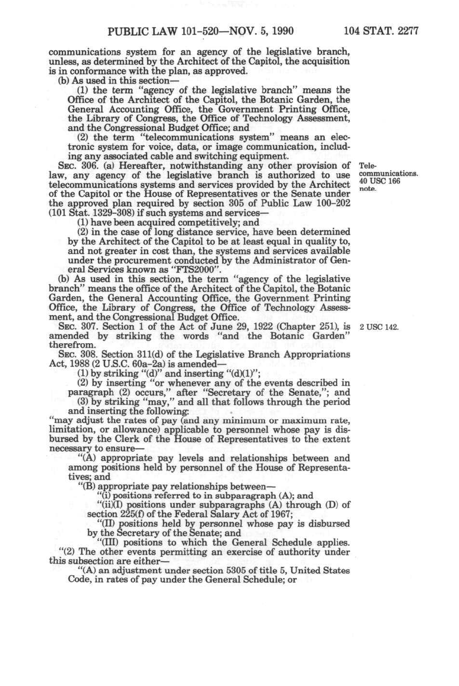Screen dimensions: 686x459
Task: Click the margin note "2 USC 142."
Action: point(379,327)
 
